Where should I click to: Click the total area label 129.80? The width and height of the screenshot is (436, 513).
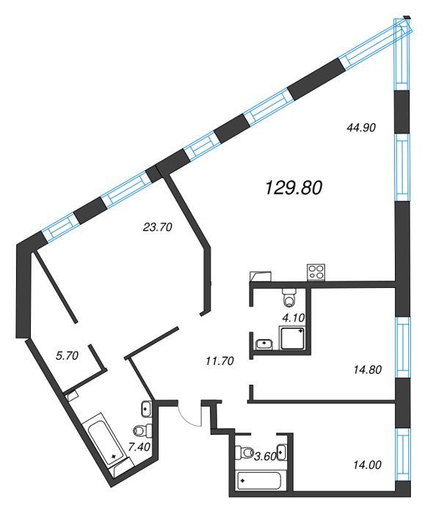[294, 188]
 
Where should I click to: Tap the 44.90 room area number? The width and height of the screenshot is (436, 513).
[360, 128]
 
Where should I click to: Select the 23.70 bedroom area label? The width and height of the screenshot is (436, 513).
[158, 227]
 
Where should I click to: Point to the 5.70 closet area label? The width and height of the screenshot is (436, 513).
[67, 355]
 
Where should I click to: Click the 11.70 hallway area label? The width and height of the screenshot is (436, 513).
[219, 361]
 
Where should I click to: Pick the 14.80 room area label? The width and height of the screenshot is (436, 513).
[368, 369]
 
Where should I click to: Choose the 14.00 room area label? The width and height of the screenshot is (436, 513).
[368, 465]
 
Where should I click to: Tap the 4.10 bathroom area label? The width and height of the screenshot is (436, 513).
[294, 317]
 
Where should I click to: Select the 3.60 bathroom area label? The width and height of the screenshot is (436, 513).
[266, 457]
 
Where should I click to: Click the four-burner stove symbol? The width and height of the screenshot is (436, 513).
[316, 272]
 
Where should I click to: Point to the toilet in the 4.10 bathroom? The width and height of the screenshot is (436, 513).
[289, 297]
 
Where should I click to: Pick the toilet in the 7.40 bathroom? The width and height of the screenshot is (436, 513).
[143, 430]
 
